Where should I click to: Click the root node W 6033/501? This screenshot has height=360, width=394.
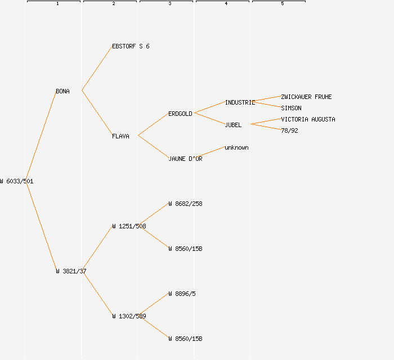tap(17, 181)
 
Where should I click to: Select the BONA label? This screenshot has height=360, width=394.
tap(62, 91)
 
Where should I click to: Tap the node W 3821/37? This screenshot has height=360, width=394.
tap(71, 271)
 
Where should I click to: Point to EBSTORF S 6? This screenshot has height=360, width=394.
tap(131, 46)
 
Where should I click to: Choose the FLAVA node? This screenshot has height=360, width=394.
tap(120, 136)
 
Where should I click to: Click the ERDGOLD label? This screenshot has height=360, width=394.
tap(180, 114)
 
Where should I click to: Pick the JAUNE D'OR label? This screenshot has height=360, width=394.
tap(185, 159)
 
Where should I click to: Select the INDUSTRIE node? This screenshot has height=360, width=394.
tap(240, 102)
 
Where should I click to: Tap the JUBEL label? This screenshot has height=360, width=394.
tap(233, 125)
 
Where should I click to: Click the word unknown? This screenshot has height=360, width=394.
tap(236, 147)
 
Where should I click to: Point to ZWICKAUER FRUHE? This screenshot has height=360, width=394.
tap(306, 97)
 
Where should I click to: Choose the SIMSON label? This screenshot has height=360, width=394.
tap(291, 108)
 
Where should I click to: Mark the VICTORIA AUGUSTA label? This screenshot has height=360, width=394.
tap(308, 119)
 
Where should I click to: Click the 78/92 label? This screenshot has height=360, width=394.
tap(289, 130)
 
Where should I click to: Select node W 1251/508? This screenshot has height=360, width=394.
tap(129, 226)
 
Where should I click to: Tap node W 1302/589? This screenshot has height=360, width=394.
tap(129, 316)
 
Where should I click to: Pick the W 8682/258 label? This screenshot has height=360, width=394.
tap(185, 204)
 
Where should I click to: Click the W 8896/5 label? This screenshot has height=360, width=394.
tap(182, 294)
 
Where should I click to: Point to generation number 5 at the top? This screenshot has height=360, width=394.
tap(283, 4)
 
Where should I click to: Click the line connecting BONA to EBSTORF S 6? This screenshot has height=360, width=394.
tap(97, 69)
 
